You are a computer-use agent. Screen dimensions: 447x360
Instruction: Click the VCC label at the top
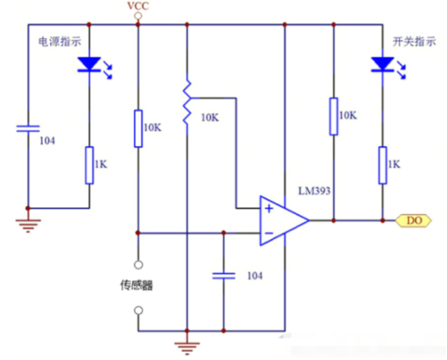click(x=138, y=6)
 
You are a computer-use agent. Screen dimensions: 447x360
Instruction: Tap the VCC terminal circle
click(x=138, y=16)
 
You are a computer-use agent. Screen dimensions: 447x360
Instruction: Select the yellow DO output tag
click(x=414, y=220)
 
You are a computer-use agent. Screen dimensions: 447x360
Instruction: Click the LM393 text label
click(x=314, y=190)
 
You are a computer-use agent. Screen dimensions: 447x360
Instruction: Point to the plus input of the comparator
click(x=269, y=208)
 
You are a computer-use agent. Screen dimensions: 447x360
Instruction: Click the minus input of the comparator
click(x=269, y=233)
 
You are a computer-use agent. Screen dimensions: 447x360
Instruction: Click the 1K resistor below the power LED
click(x=90, y=165)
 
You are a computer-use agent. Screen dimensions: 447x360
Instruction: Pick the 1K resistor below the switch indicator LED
click(x=382, y=165)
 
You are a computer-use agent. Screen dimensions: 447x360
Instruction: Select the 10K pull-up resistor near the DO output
click(x=333, y=116)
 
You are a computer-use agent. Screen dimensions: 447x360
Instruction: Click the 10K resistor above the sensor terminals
click(x=138, y=128)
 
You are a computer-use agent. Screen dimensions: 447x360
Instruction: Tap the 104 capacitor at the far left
click(x=28, y=128)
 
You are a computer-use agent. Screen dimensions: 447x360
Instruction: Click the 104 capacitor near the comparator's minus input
click(x=223, y=276)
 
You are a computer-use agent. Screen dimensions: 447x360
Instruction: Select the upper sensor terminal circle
click(x=138, y=265)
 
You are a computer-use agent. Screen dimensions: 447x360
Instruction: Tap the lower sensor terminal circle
click(x=138, y=310)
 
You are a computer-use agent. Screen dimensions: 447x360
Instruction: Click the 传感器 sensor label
click(x=136, y=285)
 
